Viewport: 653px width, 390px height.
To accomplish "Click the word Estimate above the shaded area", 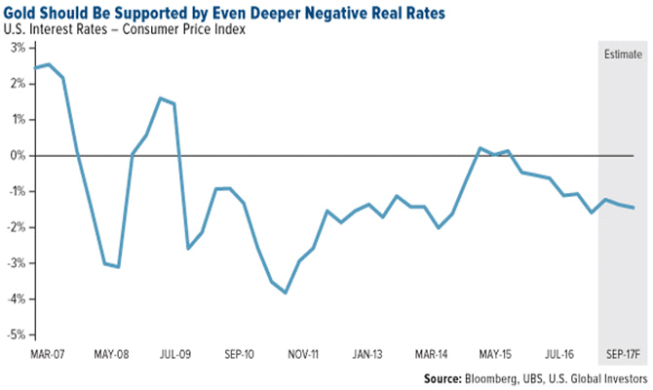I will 621,54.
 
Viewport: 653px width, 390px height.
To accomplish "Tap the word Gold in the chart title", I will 24,12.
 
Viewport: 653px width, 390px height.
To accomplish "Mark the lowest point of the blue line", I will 285,292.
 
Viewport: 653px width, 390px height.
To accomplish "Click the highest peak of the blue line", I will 49,64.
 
